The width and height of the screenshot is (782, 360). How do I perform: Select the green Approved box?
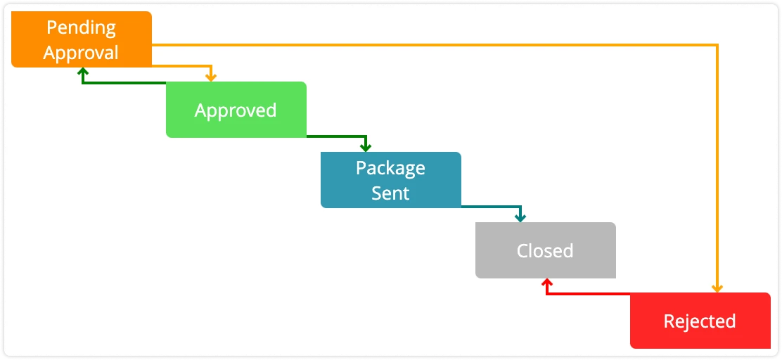[x=236, y=110]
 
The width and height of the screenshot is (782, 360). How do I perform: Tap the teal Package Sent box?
[x=390, y=180]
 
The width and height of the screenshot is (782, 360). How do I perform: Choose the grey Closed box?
[x=545, y=250]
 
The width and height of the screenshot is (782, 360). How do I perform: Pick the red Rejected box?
[x=700, y=321]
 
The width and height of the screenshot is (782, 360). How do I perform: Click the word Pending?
[x=81, y=28]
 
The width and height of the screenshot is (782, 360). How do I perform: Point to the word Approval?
[x=81, y=52]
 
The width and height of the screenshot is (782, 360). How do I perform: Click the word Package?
[x=390, y=169]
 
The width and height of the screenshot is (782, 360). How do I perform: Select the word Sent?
[x=390, y=193]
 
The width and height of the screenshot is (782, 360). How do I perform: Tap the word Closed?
[x=545, y=251]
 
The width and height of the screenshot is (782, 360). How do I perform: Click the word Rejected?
[x=700, y=321]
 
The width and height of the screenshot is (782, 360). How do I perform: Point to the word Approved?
[x=236, y=110]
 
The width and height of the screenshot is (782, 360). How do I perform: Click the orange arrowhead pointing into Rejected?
[x=717, y=288]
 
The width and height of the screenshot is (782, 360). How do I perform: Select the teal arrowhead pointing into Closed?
[x=520, y=217]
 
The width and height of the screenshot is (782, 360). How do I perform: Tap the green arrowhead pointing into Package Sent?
[x=365, y=147]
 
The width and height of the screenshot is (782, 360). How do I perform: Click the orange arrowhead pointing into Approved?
[x=210, y=77]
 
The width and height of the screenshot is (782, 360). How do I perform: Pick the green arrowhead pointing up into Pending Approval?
[x=82, y=72]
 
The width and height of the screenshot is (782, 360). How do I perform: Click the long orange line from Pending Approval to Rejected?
[x=436, y=46]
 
